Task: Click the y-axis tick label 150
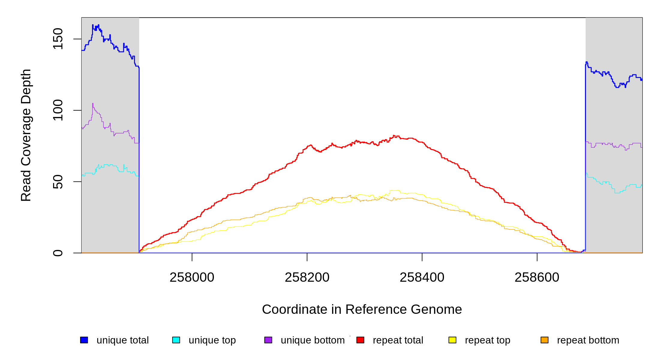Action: [x=58, y=39]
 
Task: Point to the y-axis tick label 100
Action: [x=58, y=110]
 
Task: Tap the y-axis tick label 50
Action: [x=58, y=182]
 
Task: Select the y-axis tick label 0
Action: [x=58, y=253]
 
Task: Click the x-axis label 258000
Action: [x=192, y=277]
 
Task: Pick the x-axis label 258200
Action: [x=307, y=277]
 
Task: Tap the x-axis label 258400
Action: [x=422, y=277]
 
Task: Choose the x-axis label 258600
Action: [x=537, y=277]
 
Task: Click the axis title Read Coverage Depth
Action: [x=26, y=135]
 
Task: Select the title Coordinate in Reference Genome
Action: [x=362, y=310]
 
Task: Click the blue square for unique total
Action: [x=84, y=340]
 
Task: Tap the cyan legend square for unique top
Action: [x=176, y=340]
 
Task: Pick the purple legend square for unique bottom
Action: [x=268, y=340]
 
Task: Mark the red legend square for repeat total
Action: [x=360, y=340]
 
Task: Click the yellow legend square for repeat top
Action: [x=452, y=340]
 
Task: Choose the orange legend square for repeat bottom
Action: [x=544, y=340]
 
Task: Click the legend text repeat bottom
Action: [x=588, y=340]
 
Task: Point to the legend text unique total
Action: [x=123, y=340]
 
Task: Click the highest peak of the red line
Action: [x=394, y=136]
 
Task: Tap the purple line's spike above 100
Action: [x=93, y=103]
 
